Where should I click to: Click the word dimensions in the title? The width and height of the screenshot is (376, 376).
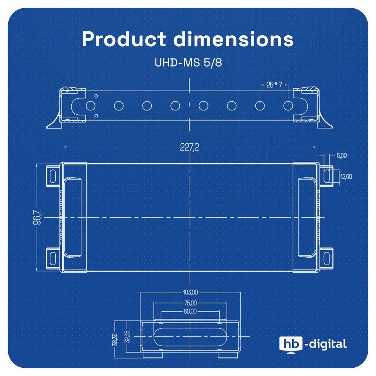point(233,39)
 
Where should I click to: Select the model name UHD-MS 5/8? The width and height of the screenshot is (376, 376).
point(188,63)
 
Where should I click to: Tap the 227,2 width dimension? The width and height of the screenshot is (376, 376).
point(190,147)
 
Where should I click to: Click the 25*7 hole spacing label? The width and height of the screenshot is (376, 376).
point(274,85)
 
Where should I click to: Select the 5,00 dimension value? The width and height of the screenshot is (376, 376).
point(342,155)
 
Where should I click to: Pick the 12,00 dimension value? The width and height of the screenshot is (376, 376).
point(346,177)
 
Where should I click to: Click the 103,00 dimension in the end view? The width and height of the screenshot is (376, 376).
point(190,292)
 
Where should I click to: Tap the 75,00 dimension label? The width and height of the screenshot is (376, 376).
point(190,302)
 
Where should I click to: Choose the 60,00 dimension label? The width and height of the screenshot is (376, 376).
point(190,312)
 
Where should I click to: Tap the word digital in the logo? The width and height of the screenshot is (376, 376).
point(328,344)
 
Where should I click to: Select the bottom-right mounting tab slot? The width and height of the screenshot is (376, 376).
point(327,257)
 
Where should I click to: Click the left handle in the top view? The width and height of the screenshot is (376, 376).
point(72,217)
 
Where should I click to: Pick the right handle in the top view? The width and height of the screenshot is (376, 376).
point(306,217)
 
